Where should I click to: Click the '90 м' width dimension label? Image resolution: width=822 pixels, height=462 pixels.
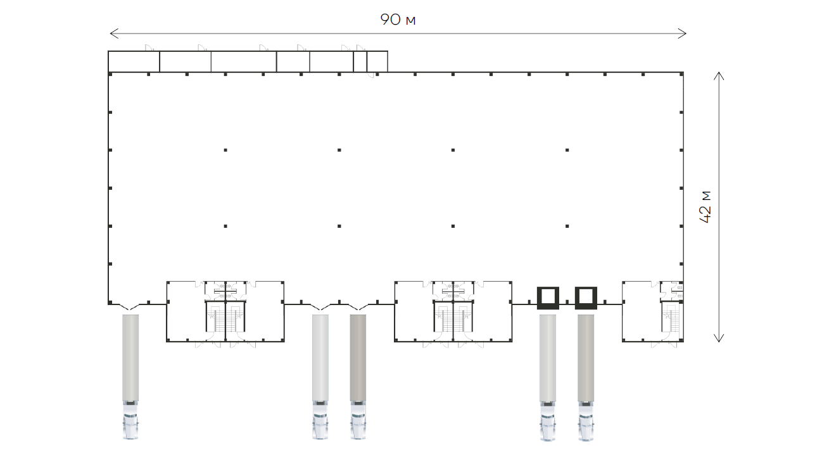coord(398,20)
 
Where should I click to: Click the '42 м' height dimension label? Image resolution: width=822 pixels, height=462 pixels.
coord(705,207)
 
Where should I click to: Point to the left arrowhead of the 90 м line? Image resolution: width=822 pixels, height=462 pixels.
coord(114,34)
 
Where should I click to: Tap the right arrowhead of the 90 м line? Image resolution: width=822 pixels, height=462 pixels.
coord(682,34)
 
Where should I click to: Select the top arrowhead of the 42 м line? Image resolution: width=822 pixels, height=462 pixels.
coord(719,76)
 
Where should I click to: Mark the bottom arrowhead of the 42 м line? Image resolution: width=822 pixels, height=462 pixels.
coord(719,338)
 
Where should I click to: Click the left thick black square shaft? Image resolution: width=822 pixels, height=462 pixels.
coord(548,297)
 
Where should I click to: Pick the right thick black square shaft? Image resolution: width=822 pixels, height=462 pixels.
coord(586,297)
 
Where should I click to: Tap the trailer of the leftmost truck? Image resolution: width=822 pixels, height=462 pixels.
coord(130,358)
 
